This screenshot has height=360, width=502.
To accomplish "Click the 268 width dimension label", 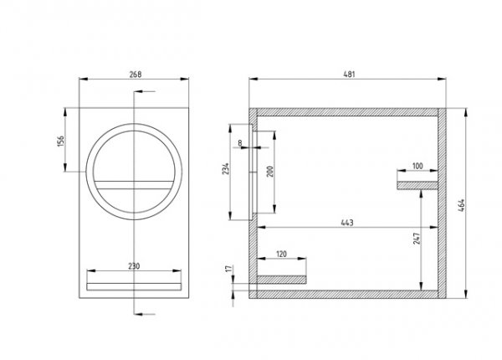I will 136,74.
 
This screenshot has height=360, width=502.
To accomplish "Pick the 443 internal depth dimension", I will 345,221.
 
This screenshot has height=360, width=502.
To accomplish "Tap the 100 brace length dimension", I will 417,167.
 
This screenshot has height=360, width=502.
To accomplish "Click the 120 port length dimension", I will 281,252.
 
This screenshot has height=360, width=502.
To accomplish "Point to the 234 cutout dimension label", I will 226,170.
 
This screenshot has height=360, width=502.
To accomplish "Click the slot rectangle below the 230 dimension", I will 134,285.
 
